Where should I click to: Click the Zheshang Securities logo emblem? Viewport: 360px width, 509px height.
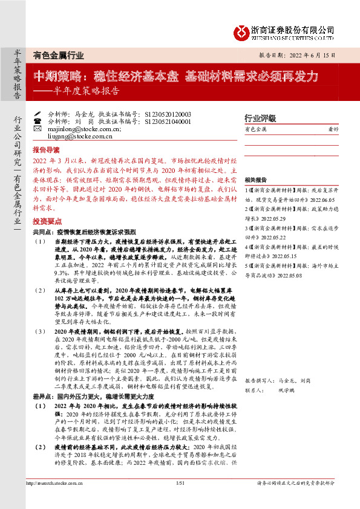(242, 31)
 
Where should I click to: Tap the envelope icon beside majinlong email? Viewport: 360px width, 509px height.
(38, 129)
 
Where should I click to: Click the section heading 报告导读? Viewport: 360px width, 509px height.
(45, 149)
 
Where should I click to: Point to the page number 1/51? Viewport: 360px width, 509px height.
(180, 500)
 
